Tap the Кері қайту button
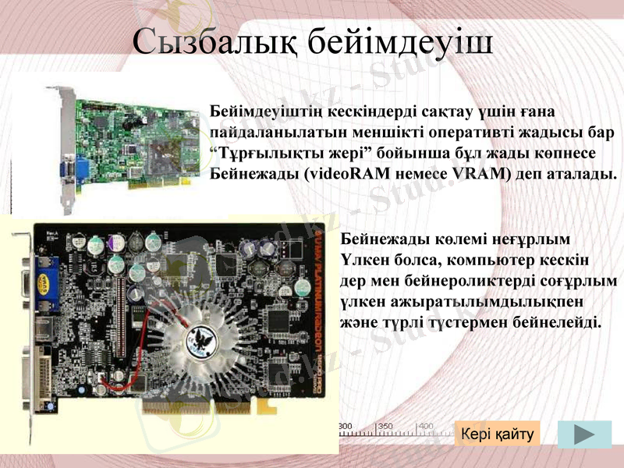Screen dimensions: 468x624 click(x=497, y=434)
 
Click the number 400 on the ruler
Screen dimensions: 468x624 click(x=426, y=426)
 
